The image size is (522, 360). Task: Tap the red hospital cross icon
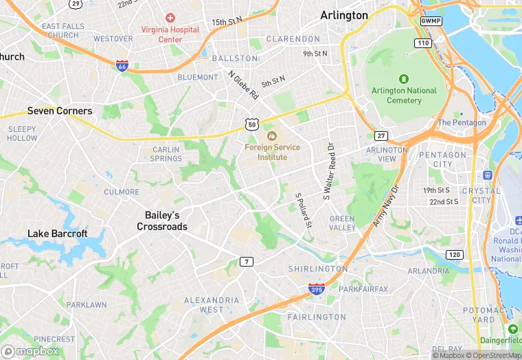click(169, 17)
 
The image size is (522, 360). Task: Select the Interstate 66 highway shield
click(122, 66)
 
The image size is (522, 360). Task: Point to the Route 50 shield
click(251, 124)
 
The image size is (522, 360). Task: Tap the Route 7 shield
click(246, 262)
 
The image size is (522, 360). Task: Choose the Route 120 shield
click(454, 255)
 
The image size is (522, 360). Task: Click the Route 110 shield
click(422, 43)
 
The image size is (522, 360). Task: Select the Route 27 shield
click(381, 135)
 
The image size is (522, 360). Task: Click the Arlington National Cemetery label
click(404, 95)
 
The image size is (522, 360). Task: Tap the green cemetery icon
click(404, 78)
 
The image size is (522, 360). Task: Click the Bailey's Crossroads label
click(162, 221)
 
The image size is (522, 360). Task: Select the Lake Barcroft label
click(58, 234)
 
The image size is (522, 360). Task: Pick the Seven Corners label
click(60, 111)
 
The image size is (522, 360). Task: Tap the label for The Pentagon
click(462, 123)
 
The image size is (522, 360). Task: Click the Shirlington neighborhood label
click(318, 269)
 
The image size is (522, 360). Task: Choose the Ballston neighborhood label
click(234, 58)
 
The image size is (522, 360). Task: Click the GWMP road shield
click(431, 21)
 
